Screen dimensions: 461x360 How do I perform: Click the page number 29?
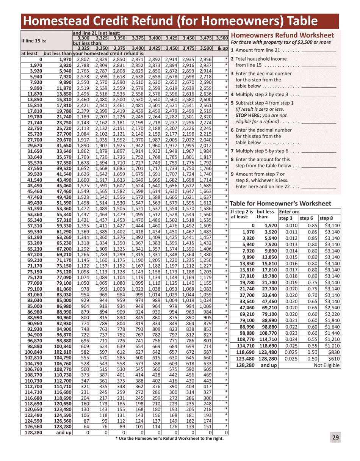coord(335,437)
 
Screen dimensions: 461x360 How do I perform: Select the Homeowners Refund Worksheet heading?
coord(282,35)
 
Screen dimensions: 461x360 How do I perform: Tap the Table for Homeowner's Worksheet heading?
coord(280,203)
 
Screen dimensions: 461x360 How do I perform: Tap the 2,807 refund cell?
coord(83,60)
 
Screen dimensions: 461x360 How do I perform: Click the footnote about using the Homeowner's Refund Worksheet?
coord(169,438)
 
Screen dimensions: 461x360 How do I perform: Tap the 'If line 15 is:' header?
coord(34,41)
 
